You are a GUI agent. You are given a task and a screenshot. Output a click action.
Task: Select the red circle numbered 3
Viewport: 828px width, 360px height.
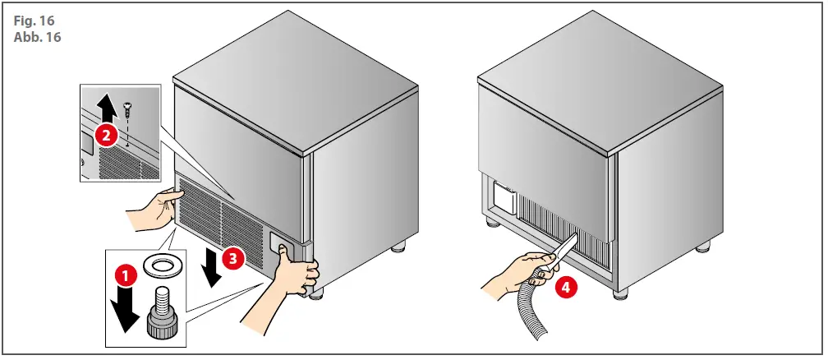[234, 257]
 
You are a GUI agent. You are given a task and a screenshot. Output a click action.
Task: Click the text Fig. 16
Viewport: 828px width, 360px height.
[32, 20]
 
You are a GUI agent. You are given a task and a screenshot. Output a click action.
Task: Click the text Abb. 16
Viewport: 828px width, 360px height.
[36, 36]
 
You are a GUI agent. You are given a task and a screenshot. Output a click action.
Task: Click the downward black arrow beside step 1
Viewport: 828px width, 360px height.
[125, 312]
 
